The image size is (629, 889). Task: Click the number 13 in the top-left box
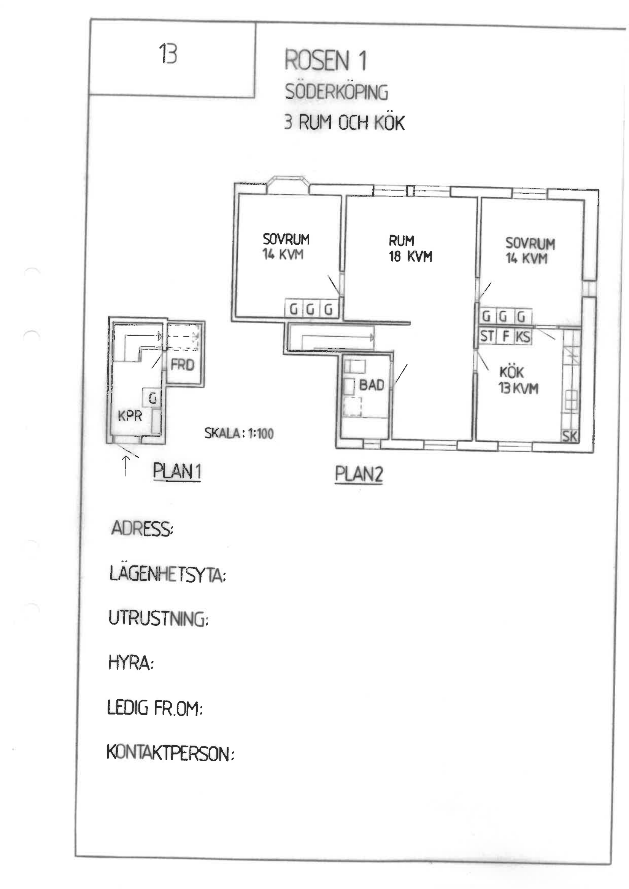168,54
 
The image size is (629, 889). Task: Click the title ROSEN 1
326,60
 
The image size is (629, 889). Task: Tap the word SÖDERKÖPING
337,92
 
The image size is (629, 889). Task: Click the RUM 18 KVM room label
411,249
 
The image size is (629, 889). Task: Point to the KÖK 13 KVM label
518,380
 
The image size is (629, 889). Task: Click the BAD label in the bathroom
372,385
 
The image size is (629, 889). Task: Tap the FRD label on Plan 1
183,365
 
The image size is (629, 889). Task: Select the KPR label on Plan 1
130,416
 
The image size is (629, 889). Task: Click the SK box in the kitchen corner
569,437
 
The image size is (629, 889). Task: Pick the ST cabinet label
487,336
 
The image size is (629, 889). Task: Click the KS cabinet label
523,337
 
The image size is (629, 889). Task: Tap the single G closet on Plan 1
152,398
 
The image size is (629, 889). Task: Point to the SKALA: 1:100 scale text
239,433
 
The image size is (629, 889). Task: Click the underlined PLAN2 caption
359,474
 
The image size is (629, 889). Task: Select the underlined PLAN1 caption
177,471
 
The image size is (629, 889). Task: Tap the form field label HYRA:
131,662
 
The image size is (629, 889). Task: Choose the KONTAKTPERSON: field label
170,753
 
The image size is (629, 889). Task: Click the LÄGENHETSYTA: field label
168,574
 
